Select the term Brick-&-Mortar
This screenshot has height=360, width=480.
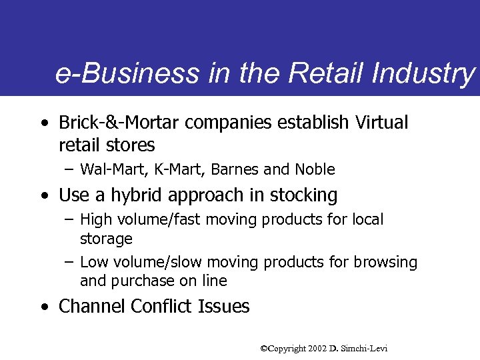click(119, 123)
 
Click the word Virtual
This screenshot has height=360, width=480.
click(382, 123)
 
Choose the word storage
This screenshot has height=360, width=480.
click(106, 239)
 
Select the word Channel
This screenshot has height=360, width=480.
click(92, 307)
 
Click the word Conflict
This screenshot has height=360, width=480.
click(163, 307)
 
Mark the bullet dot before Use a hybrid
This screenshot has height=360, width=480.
click(43, 196)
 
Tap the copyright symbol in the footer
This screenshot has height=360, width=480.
click(264, 348)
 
